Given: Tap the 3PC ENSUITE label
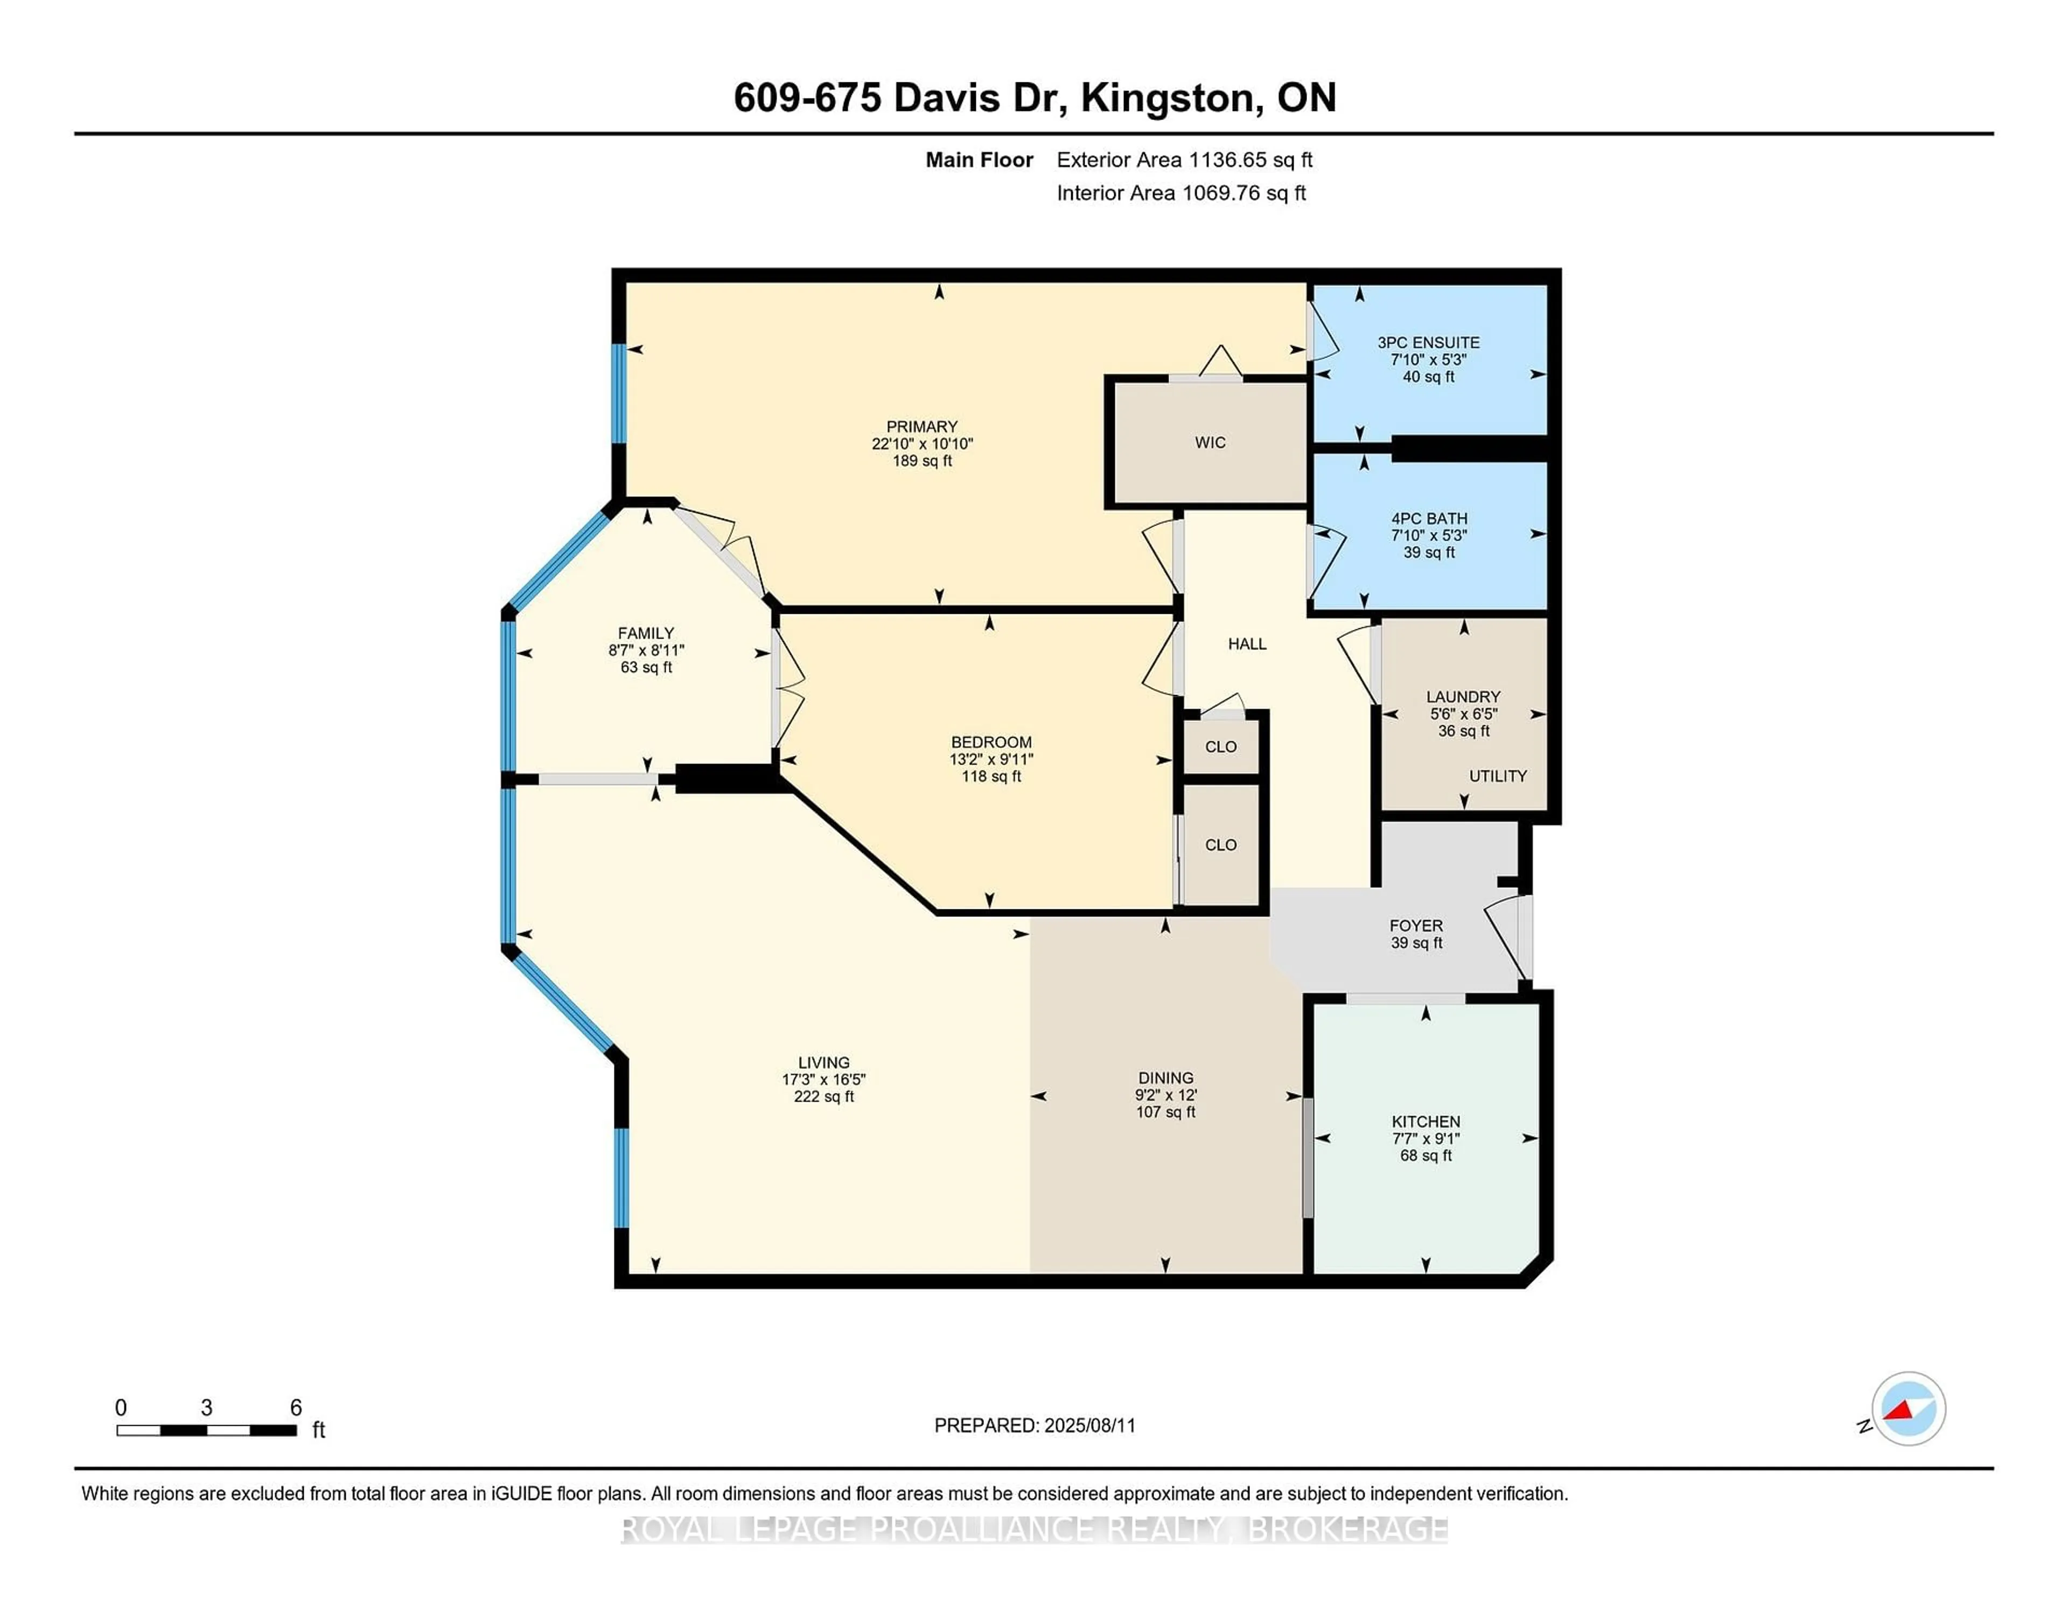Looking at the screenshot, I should click(x=1428, y=343).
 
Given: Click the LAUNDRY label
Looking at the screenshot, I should click(x=1463, y=697).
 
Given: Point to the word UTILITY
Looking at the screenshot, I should click(x=1497, y=776).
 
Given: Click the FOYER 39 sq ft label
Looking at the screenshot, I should click(x=1416, y=943).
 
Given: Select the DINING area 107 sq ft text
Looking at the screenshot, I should click(x=1165, y=1112).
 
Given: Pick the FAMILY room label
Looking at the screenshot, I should click(x=646, y=633).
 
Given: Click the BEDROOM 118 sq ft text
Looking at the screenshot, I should click(x=990, y=776).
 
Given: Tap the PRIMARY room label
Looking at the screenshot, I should click(x=921, y=427).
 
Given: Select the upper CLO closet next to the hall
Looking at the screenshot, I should click(x=1220, y=747).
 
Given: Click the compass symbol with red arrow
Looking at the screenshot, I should click(x=1908, y=1408).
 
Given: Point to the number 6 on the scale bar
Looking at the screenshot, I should click(x=296, y=1408).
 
